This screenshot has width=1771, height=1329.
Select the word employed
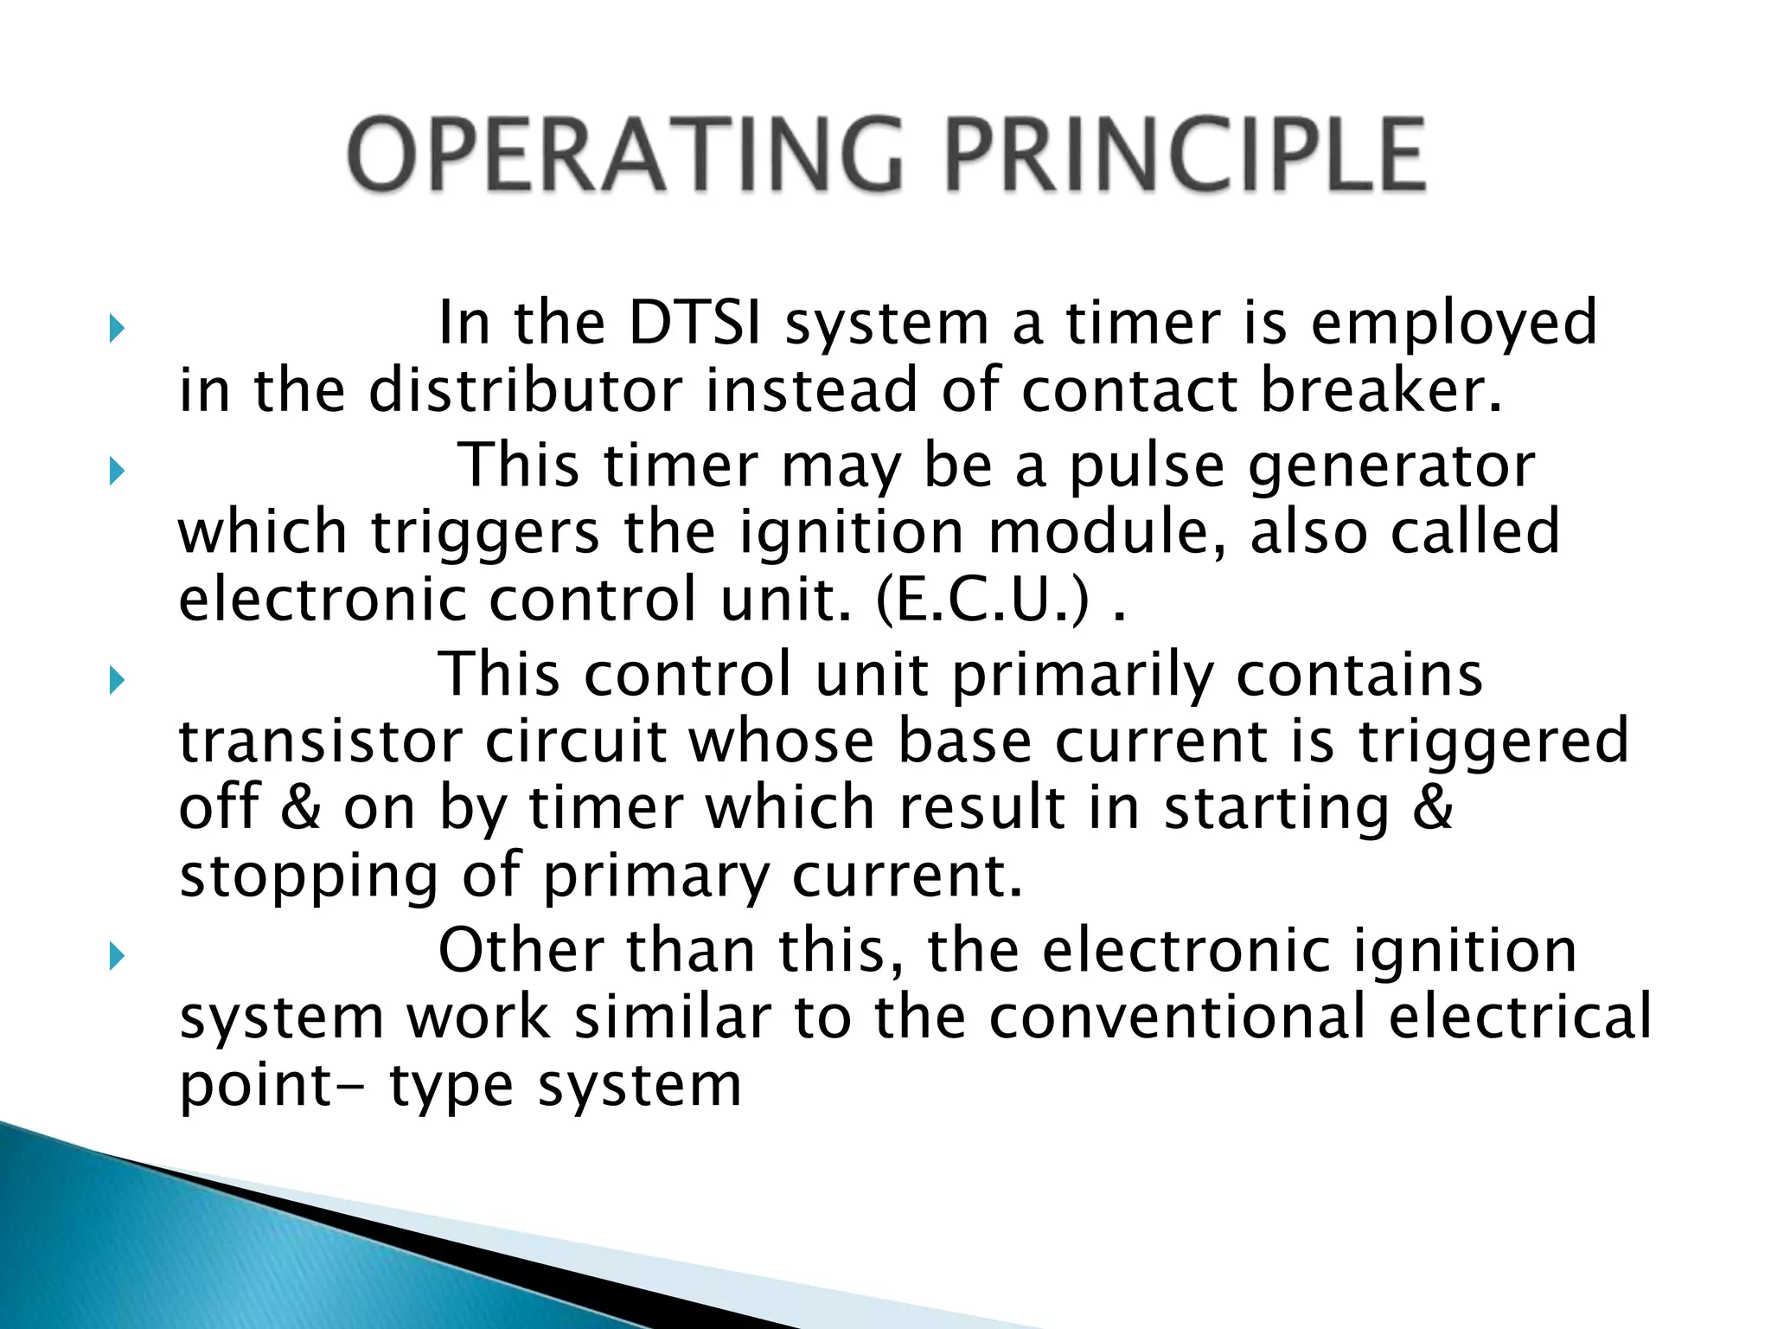(1454, 324)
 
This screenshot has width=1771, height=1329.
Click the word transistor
(321, 742)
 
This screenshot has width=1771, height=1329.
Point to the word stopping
(308, 877)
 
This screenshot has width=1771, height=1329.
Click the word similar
(673, 1018)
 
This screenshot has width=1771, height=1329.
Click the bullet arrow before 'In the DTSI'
(117, 330)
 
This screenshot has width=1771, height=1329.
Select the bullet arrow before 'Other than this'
(117, 956)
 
